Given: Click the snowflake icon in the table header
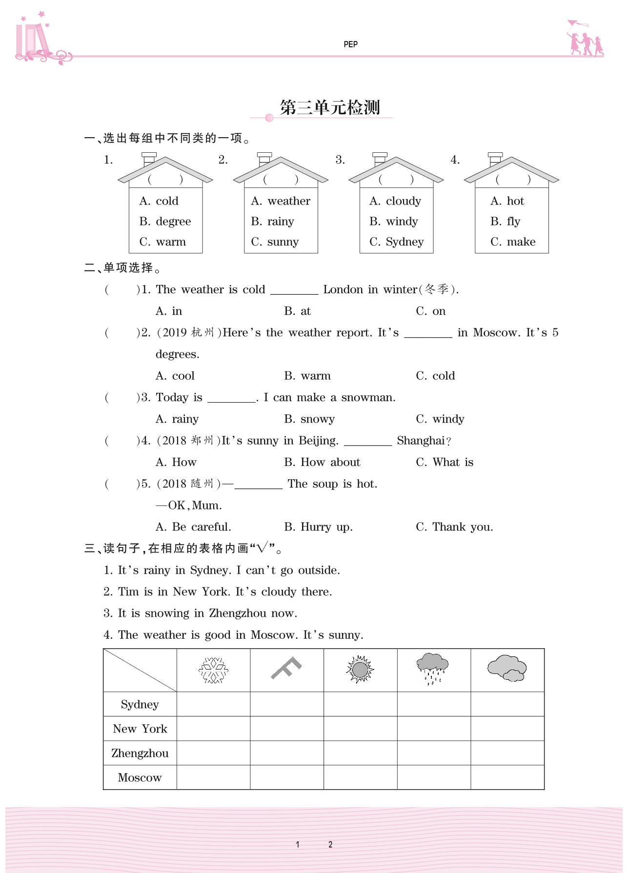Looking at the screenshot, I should (213, 670).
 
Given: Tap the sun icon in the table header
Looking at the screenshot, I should (360, 670).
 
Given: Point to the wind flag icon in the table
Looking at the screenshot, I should (286, 668).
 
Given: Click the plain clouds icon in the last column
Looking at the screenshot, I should (507, 669).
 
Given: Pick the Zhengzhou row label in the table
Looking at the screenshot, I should (140, 753).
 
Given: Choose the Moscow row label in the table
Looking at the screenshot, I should (140, 777).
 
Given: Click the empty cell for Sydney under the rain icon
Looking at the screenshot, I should (434, 704).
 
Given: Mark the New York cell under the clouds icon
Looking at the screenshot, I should (507, 729).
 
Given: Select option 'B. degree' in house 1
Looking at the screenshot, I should (165, 222).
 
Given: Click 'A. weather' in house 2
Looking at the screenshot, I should (281, 201).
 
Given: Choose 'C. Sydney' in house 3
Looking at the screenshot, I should (397, 242).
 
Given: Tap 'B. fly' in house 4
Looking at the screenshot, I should (506, 222).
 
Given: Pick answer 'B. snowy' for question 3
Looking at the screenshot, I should (309, 419).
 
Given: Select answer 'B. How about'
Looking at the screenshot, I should (322, 462).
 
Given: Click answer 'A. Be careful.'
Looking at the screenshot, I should (193, 527).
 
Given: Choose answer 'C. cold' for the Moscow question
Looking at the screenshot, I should (435, 376).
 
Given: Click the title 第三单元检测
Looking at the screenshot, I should (330, 108).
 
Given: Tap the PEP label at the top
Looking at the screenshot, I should (350, 44).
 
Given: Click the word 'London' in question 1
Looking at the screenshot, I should (343, 289).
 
